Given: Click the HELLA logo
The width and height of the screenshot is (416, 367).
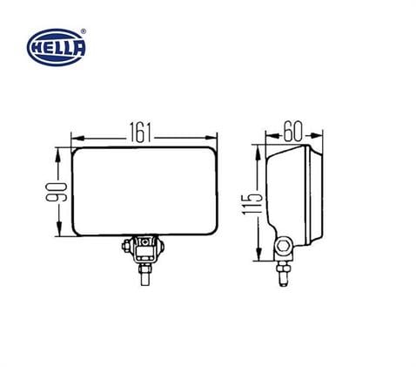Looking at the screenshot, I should (x=57, y=44).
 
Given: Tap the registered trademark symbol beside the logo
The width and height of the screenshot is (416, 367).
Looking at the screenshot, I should (x=84, y=31).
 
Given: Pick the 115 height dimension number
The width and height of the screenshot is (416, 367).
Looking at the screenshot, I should (x=251, y=204).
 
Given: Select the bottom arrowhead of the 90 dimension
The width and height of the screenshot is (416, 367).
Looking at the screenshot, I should (x=59, y=233).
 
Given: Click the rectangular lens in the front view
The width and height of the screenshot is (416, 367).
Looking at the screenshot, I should (x=144, y=193).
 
